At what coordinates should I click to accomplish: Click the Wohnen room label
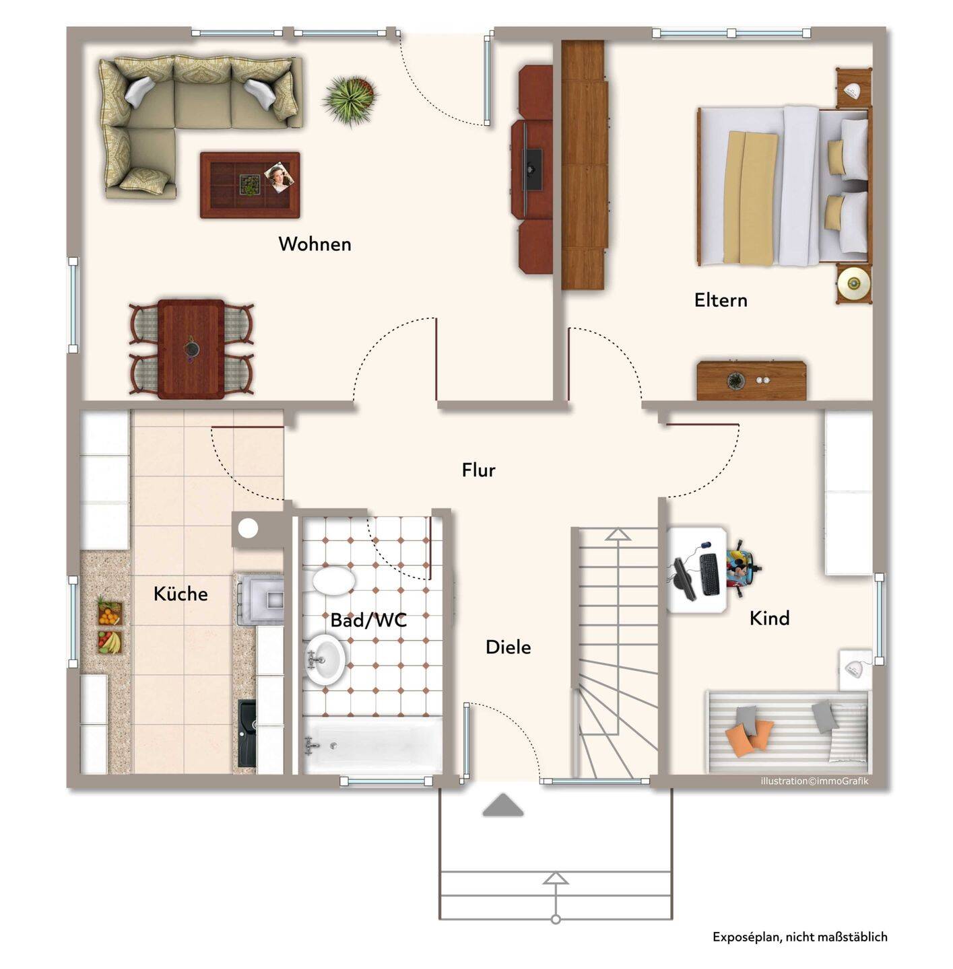pyautogui.click(x=315, y=244)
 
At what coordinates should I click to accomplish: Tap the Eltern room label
pyautogui.click(x=721, y=300)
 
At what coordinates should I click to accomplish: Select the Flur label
pyautogui.click(x=478, y=470)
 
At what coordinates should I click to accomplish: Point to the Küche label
pyautogui.click(x=180, y=594)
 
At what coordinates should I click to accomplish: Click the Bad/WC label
pyautogui.click(x=368, y=620)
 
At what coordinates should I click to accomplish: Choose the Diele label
pyautogui.click(x=508, y=647)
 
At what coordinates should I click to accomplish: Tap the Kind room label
pyautogui.click(x=769, y=618)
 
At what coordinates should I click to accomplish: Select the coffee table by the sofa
pyautogui.click(x=250, y=185)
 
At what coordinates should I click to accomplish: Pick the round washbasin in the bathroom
pyautogui.click(x=326, y=659)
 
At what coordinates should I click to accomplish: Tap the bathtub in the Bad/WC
pyautogui.click(x=373, y=745)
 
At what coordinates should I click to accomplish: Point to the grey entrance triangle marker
pyautogui.click(x=503, y=805)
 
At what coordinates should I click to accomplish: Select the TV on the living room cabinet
pyautogui.click(x=529, y=169)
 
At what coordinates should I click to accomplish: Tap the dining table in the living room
pyautogui.click(x=191, y=349)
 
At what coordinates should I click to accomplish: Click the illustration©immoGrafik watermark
pyautogui.click(x=814, y=781)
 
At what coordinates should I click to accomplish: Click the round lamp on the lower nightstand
pyautogui.click(x=854, y=284)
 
